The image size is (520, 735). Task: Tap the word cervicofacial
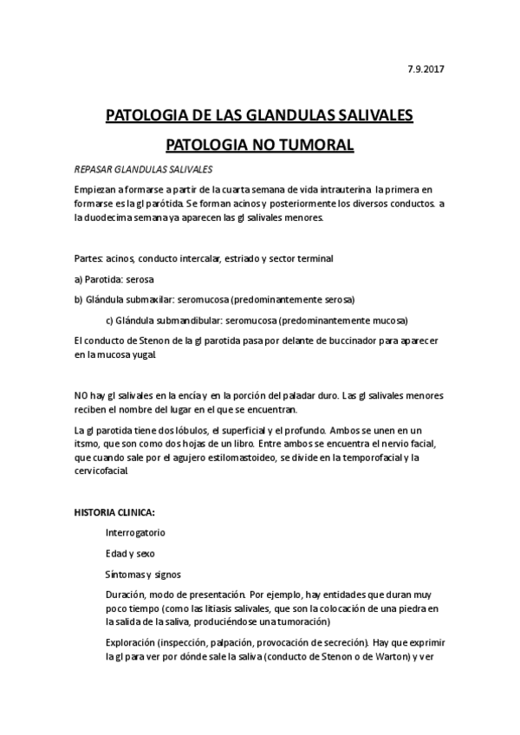[102, 472]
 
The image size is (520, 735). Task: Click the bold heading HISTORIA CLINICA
[115, 512]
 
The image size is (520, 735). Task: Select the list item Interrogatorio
[135, 532]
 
